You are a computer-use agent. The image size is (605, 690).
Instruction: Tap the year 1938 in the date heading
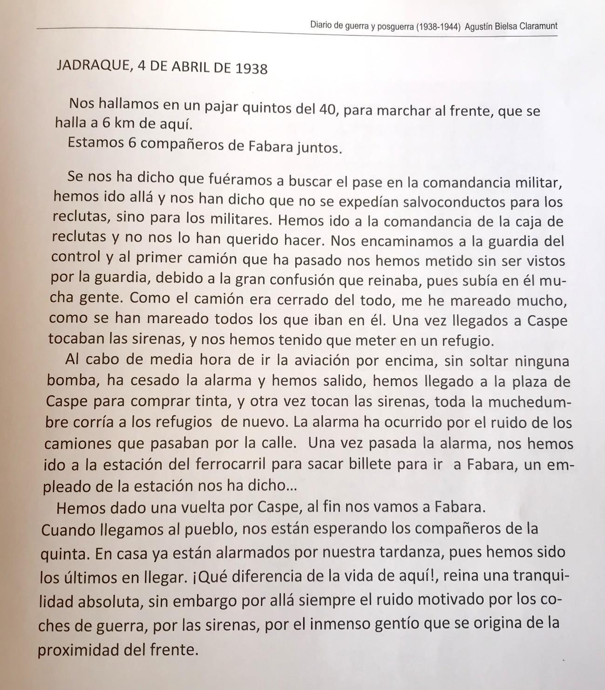[252, 68]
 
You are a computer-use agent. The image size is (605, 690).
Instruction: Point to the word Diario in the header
[320, 25]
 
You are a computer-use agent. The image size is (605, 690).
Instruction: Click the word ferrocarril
[231, 465]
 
